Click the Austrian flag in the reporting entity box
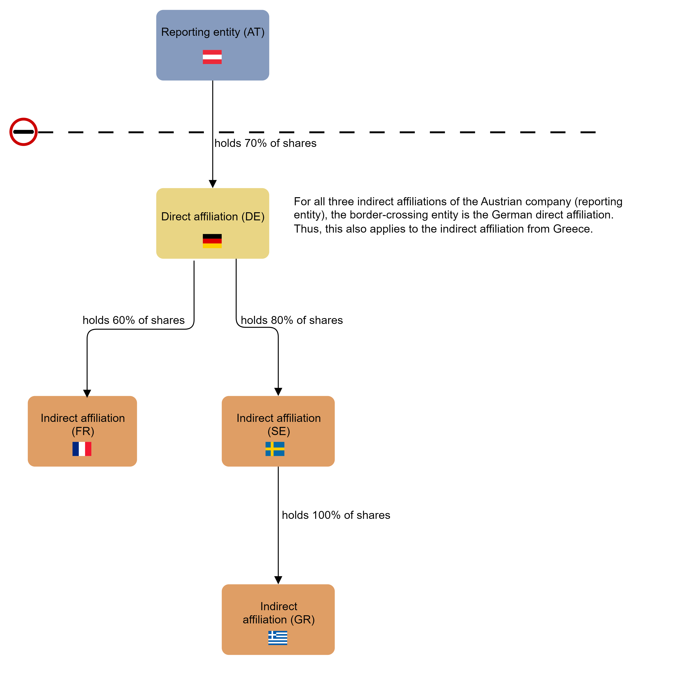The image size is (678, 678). pos(212,57)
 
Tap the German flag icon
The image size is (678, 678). pos(212,241)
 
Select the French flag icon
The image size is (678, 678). pos(82,449)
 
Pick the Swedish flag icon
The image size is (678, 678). pos(275,449)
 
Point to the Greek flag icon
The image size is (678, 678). pos(278,638)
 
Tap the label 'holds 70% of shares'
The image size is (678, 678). pos(265,143)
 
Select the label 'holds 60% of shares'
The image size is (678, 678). pos(133,320)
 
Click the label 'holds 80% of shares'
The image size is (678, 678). pos(292,320)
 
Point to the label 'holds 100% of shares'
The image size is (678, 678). pos(336,515)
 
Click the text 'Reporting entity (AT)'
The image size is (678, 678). pos(213,32)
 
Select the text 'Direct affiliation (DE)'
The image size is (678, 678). pos(213,217)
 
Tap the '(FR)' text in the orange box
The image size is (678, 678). pos(83,431)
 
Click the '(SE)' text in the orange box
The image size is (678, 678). pos(279,431)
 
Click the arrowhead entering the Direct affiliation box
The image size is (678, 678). pos(213,184)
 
